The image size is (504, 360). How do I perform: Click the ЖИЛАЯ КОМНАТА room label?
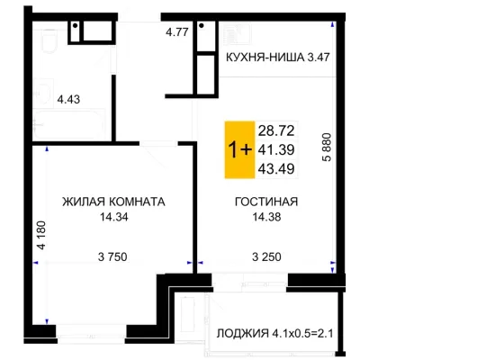pos(113,202)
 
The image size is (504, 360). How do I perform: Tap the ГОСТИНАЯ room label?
pos(266,202)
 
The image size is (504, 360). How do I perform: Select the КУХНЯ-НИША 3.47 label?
pos(278,58)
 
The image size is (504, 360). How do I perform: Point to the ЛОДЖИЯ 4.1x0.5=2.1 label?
pos(274,333)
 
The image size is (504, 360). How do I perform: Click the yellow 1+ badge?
pos(239,149)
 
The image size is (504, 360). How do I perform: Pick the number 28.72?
pos(276,130)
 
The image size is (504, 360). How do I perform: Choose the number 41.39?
pos(276,149)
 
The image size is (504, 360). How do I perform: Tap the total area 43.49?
pos(276,169)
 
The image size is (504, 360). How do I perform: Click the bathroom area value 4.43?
pos(68,99)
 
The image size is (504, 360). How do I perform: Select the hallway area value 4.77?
pos(177,32)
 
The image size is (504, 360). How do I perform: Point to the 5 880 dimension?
pos(327,147)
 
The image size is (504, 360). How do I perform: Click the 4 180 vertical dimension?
pos(41,235)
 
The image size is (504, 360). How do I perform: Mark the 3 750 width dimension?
pos(112,256)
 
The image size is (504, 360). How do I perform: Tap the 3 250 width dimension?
pos(266,256)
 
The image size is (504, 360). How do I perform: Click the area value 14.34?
pos(113,217)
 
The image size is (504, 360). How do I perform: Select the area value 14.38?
pos(266,217)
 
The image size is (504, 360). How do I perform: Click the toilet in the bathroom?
pos(49,40)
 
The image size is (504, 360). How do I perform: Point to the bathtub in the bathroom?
pos(69,125)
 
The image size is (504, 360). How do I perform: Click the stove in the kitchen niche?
pos(236,34)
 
